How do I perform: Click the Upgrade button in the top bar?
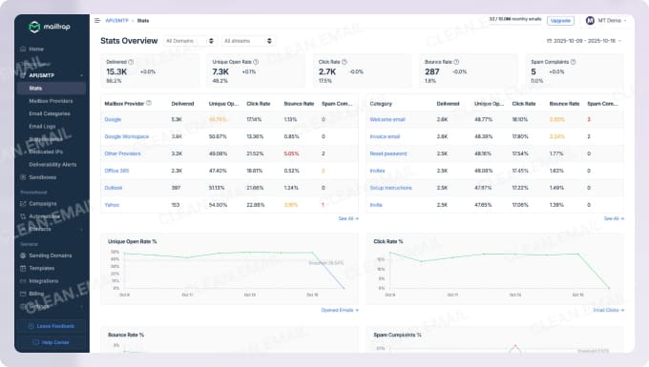tap(560, 20)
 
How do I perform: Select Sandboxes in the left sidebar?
tap(42, 176)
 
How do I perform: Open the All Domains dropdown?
tap(189, 41)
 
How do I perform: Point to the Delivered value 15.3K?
tap(116, 71)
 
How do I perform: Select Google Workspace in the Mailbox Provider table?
tap(124, 136)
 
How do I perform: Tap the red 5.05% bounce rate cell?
tap(291, 153)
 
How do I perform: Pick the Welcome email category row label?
tap(387, 119)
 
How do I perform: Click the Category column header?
tap(381, 102)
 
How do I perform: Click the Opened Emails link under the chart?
tap(339, 310)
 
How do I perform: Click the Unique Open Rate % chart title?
tap(132, 241)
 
